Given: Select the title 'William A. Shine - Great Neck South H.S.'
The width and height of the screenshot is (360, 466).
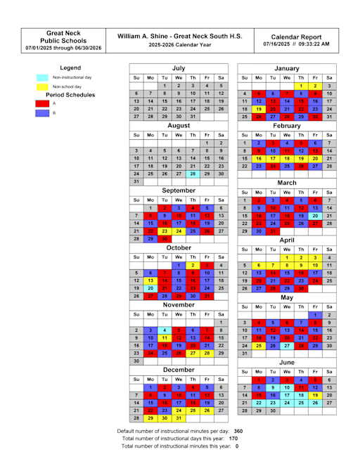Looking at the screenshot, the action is pos(179,34).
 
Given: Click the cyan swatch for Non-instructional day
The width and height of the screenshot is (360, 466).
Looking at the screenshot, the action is pos(41,77).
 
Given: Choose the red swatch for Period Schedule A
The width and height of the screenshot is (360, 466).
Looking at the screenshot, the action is pos(41,103).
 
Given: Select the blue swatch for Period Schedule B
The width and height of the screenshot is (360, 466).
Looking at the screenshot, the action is pos(41,112).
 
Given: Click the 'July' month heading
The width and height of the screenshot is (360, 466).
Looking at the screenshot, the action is pos(179,67).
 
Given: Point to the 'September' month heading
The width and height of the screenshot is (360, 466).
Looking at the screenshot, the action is pos(179,190).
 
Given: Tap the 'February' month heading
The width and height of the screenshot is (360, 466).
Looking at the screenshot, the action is pos(286,125).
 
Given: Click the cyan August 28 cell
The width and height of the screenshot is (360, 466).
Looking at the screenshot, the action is pos(193,173).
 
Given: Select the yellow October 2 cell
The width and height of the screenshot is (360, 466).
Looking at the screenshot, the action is pos(193,265).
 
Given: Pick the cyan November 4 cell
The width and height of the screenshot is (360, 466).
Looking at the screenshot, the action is pos(164,330).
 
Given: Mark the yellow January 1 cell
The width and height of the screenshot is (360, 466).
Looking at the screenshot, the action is pos(300,85).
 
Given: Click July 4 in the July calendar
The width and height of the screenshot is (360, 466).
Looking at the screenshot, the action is pos(207,85).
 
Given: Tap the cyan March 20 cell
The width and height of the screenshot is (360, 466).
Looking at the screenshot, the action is pos(315,216).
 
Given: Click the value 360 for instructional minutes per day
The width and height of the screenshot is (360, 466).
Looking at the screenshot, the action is pos(238,430).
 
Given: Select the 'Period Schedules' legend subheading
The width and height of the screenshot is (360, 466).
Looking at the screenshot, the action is pos(70,94).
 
